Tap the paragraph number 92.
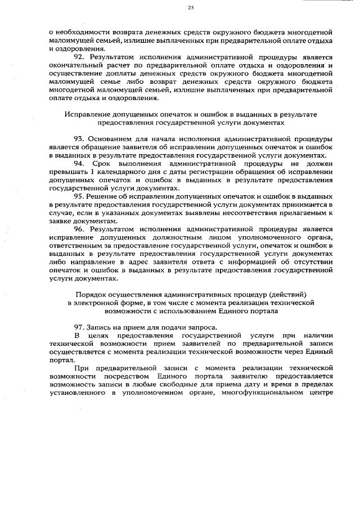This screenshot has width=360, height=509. [x=79, y=57]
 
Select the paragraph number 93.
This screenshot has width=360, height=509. [x=79, y=139]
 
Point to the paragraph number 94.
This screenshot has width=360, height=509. [x=79, y=163]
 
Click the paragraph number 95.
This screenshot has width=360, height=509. [x=79, y=196]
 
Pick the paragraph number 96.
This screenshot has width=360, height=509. [x=79, y=229]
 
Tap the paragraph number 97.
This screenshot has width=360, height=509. [x=79, y=327]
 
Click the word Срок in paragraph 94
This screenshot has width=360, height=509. [x=106, y=163]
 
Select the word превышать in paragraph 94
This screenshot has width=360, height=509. [x=67, y=172]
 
